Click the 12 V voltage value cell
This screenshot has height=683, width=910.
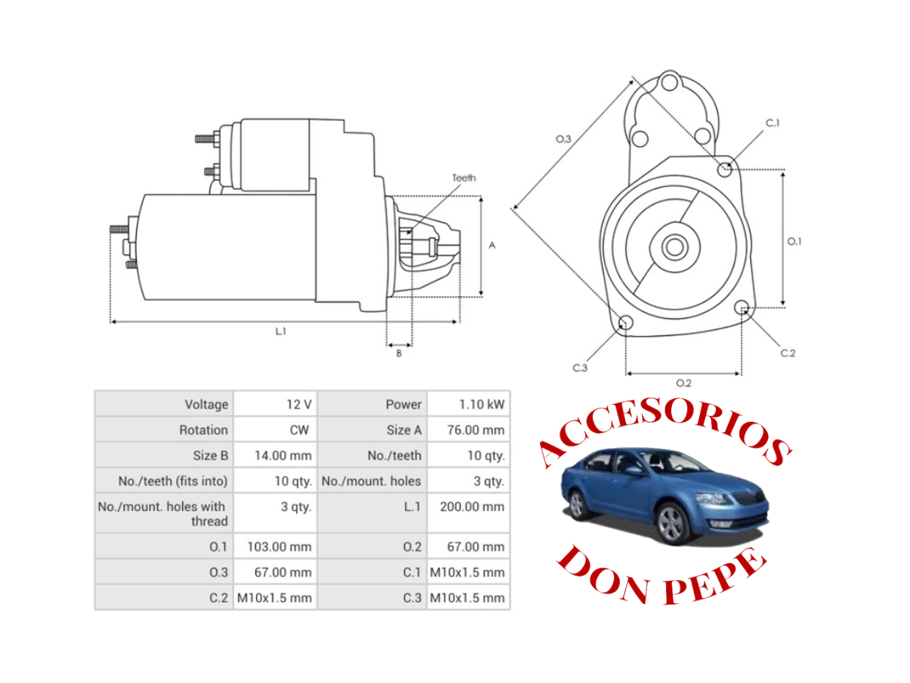(x=299, y=404)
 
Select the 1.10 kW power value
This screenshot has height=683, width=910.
(x=481, y=404)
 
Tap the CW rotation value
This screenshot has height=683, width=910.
(x=299, y=430)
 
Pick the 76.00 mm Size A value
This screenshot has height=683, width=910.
(x=476, y=430)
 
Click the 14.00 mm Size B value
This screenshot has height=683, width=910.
(x=283, y=455)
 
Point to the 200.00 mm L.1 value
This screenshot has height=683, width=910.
(x=472, y=507)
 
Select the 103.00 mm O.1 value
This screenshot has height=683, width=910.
(x=279, y=546)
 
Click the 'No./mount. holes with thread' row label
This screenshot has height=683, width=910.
(x=162, y=514)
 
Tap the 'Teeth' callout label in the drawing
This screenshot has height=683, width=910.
(x=464, y=178)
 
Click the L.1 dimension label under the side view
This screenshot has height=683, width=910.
(x=281, y=332)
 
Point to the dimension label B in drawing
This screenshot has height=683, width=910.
(x=399, y=353)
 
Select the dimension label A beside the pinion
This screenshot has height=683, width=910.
(x=492, y=245)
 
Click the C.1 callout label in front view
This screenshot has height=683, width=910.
(x=773, y=123)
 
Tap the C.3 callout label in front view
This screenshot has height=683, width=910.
(x=580, y=368)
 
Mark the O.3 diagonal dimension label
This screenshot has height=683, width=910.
(x=563, y=139)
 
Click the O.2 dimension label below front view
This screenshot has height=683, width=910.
(x=683, y=383)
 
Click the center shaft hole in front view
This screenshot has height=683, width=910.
(x=674, y=248)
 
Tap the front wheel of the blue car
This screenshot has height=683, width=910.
(x=670, y=523)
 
